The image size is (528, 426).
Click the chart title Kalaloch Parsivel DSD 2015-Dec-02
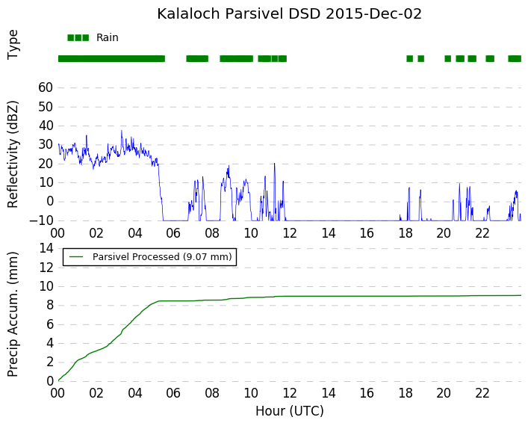pos(289,13)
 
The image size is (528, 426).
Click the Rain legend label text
pos(108,37)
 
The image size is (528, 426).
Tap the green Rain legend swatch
pos(78,37)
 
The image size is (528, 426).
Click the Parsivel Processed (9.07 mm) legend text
pos(162,257)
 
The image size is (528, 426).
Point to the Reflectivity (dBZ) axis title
pos(13,155)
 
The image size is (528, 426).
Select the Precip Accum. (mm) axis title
pos(13,314)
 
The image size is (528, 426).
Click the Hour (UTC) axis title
pos(290,411)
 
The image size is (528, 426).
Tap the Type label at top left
pos(13,45)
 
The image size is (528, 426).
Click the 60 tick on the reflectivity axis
pos(46,87)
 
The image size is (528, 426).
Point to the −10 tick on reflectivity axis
pos(41,220)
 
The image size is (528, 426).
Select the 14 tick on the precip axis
pos(46,248)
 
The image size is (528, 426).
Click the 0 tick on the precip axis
pos(50,381)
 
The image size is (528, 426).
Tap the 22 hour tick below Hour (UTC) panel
pos(482,393)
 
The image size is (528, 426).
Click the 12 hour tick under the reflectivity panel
pos(290,233)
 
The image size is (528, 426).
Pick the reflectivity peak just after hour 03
pos(122,131)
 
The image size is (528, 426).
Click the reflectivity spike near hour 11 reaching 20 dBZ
pos(274,164)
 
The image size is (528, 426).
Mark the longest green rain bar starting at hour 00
pos(111,58)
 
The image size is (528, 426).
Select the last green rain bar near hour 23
pos(515,58)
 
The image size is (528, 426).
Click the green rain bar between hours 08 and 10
pos(237,58)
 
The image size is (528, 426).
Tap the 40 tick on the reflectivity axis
pos(46,126)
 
